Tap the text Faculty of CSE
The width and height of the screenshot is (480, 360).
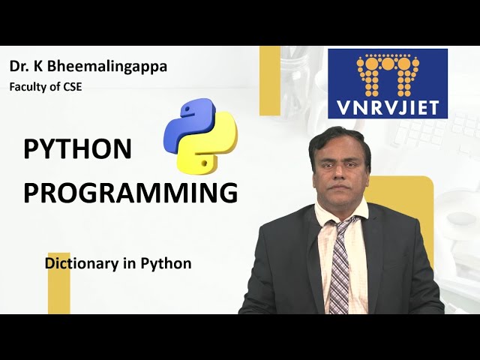[x=45, y=87]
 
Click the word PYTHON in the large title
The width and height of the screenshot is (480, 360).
[x=77, y=149]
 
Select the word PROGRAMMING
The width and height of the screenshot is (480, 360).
[x=130, y=193]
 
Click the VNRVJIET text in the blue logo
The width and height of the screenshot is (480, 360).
[x=388, y=102]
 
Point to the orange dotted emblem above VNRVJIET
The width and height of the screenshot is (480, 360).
[x=388, y=72]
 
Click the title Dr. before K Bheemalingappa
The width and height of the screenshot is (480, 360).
[x=19, y=66]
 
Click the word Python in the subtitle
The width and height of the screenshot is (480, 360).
[x=170, y=264]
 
